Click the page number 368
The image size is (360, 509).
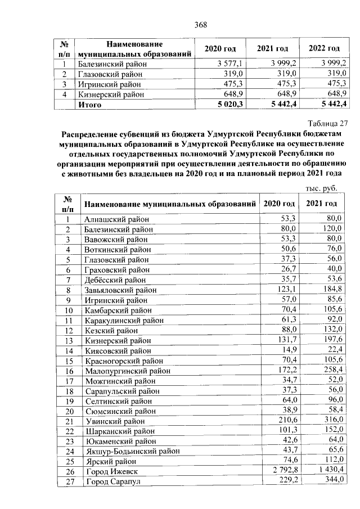(x=201, y=24)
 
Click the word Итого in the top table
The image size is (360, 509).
(x=90, y=104)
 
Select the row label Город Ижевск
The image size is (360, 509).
(x=110, y=471)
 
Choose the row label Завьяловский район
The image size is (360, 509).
(x=120, y=290)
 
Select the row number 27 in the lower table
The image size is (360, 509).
(x=70, y=481)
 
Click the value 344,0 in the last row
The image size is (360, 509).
(x=331, y=481)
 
